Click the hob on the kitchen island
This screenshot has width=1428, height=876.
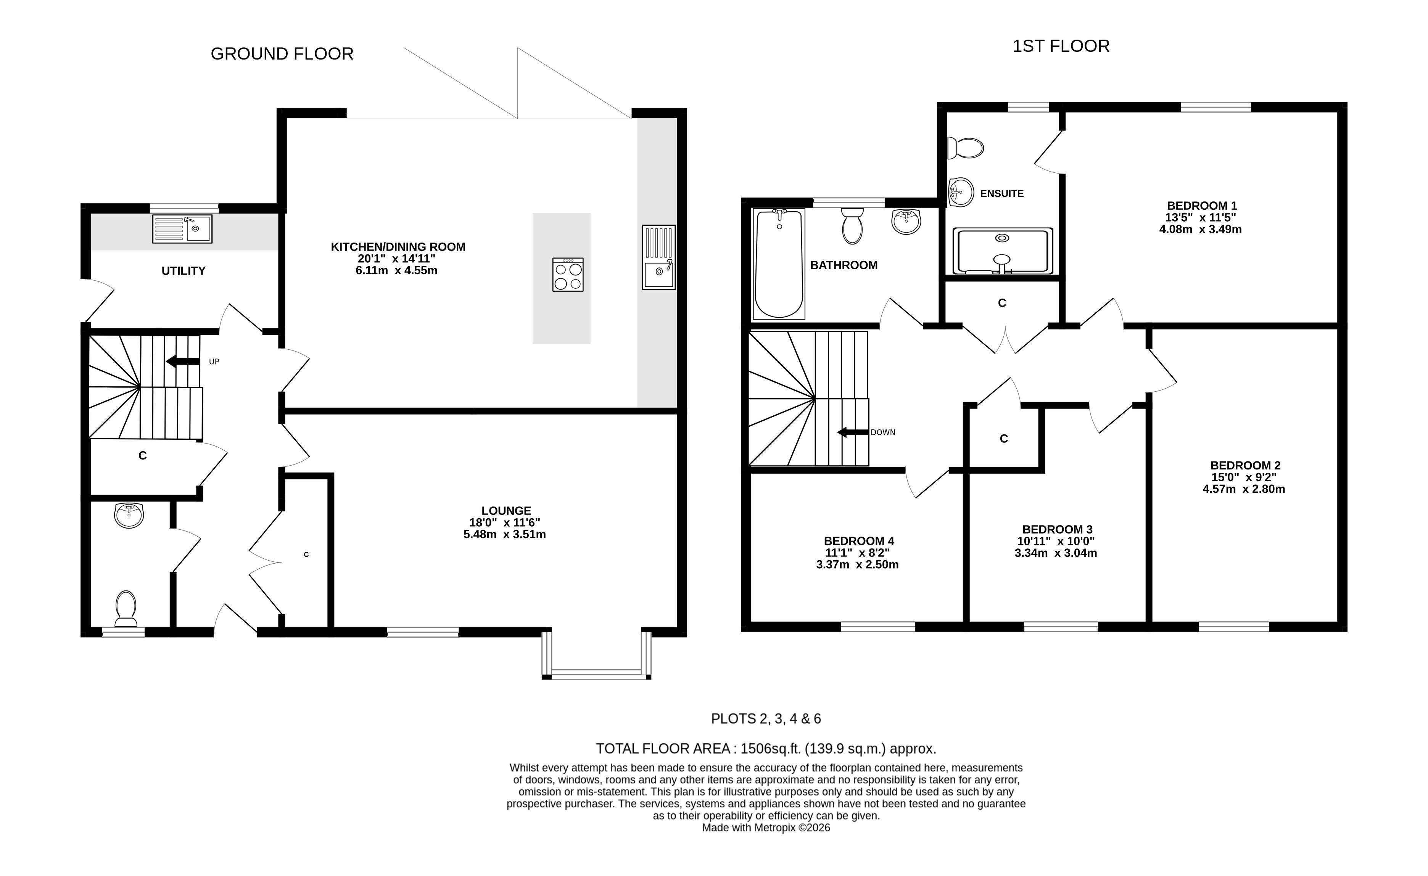click(568, 275)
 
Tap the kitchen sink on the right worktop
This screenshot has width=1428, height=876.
click(658, 257)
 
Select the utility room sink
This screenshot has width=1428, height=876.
click(182, 229)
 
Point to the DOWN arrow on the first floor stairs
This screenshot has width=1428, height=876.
click(853, 432)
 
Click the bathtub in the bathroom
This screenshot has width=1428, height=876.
click(779, 264)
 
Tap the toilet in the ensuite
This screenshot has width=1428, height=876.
click(966, 148)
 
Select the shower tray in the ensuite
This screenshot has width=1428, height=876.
click(1003, 251)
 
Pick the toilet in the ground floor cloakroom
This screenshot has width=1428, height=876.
click(126, 608)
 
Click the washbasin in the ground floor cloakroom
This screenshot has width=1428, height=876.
click(129, 515)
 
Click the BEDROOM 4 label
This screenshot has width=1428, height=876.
click(859, 541)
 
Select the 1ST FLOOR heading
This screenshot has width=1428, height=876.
click(1061, 47)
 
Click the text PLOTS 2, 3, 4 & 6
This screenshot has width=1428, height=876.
click(766, 719)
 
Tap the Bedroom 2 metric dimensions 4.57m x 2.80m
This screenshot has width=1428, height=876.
click(1244, 489)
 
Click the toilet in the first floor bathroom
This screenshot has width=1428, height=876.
click(852, 226)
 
